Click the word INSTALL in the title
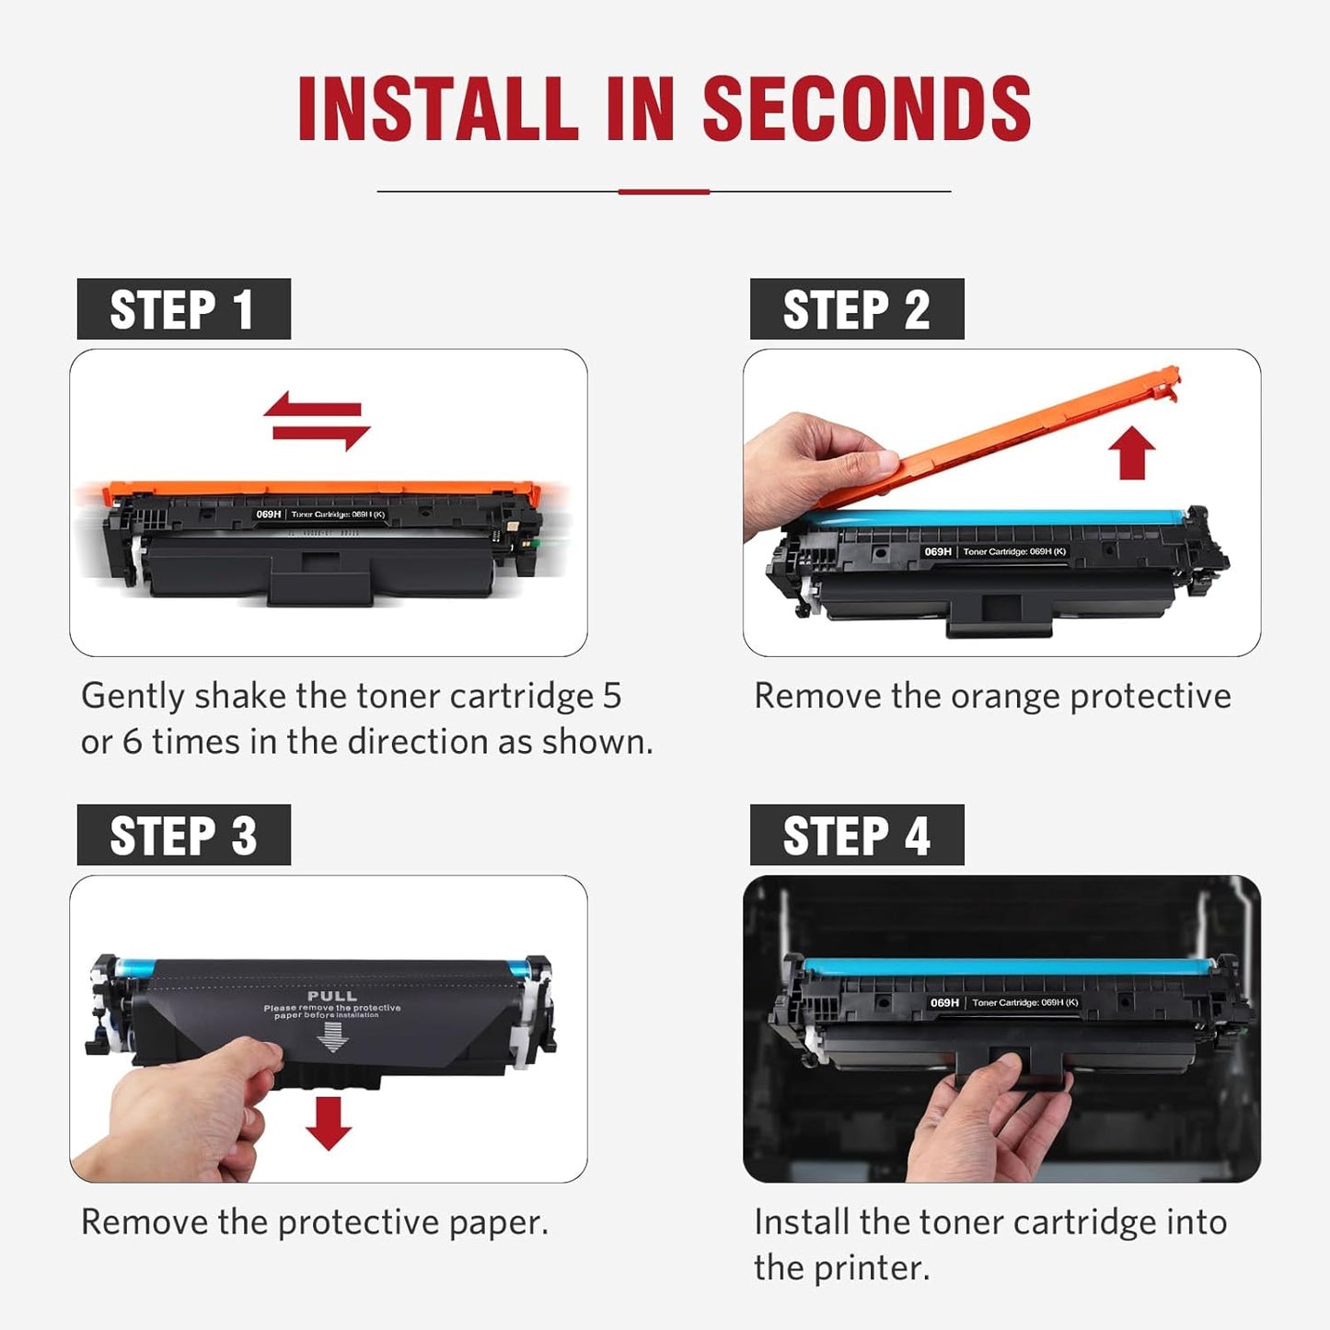click(x=437, y=109)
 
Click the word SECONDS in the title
click(x=866, y=109)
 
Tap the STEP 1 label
click(x=183, y=309)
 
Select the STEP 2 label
click(x=856, y=309)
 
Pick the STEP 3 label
click(x=183, y=836)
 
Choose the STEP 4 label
click(x=856, y=836)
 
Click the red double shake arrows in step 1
click(x=317, y=421)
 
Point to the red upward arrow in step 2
click(x=1131, y=454)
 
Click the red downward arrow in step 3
click(x=329, y=1122)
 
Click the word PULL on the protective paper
click(x=332, y=996)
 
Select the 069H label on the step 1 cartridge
click(x=269, y=515)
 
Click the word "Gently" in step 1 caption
click(x=133, y=697)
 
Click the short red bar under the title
click(x=664, y=191)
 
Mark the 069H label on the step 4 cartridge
click(x=944, y=1002)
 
